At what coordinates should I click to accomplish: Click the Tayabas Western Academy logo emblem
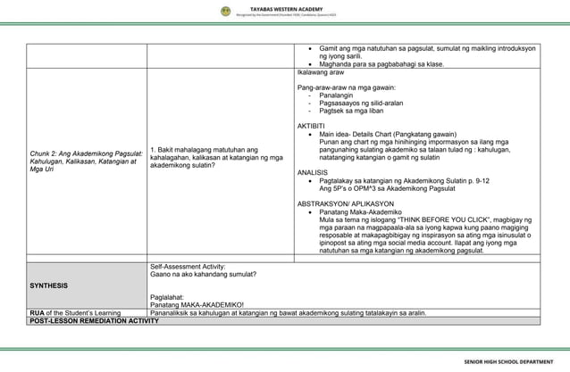click(226, 12)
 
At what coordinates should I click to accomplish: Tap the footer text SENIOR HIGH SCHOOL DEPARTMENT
click(514, 362)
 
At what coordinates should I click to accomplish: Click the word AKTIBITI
click(314, 126)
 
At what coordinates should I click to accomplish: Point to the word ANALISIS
click(314, 172)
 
